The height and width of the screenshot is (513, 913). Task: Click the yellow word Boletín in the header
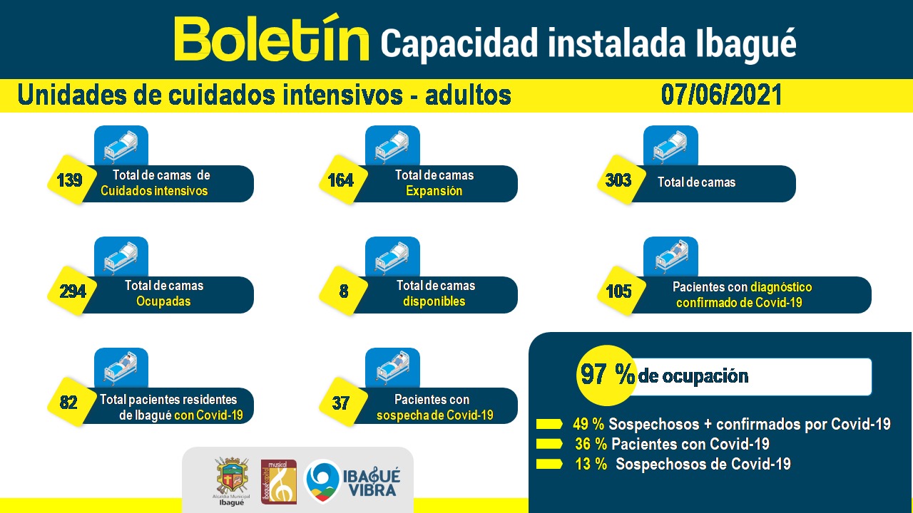point(272,40)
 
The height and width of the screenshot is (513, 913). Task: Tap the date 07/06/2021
point(721,95)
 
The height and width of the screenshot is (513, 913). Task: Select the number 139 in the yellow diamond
point(69,180)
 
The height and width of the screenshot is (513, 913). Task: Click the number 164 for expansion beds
point(340,180)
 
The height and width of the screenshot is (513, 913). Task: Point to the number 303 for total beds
point(618,180)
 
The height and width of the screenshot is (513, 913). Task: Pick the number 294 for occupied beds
point(72,291)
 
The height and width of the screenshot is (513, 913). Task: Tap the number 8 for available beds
point(343,291)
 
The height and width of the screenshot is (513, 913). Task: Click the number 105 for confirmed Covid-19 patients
point(618,291)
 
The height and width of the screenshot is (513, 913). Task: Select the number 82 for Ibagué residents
point(68,403)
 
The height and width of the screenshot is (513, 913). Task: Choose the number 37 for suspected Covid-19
point(341,403)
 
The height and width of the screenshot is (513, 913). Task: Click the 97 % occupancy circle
point(606,375)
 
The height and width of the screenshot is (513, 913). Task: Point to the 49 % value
point(588,425)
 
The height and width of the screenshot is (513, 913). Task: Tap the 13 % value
point(591,465)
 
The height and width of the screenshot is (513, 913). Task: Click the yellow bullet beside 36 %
point(549,445)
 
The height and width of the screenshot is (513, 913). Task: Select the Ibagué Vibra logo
point(352,482)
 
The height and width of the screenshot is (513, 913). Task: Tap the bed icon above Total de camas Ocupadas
point(121,256)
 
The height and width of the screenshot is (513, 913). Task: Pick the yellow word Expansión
point(434,191)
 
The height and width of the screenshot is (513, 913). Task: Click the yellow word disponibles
point(434,301)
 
